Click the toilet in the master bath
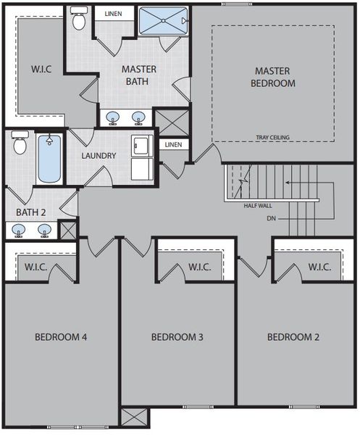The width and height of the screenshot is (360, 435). pos(80,20)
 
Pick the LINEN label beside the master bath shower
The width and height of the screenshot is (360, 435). pos(114,14)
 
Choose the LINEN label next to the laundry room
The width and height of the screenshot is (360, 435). pos(173,145)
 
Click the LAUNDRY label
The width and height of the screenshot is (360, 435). pos(99,156)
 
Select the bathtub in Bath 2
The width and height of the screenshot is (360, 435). pos(49,157)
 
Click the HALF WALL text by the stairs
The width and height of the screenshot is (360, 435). pos(258,205)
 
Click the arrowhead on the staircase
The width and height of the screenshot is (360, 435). pos(288,183)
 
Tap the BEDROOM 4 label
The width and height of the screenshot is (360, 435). pos(61,337)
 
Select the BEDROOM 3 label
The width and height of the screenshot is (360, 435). pos(177,337)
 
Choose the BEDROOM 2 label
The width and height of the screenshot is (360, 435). pos(293,337)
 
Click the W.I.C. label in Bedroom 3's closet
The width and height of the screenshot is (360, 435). pos(199,268)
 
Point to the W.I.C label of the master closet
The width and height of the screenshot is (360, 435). pos(41,70)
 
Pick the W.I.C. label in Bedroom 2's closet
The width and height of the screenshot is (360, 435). pos(319,268)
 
